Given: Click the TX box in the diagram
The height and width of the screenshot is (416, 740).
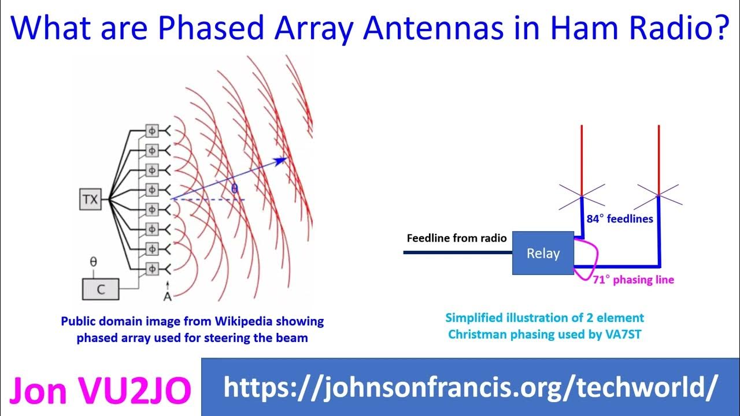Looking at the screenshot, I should tap(90, 200).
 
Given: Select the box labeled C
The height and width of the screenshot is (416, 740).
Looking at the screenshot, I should tap(101, 289).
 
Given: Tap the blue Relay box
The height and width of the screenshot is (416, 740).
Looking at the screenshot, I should tap(543, 253).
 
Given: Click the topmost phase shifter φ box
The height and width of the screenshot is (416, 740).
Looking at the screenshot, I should tap(151, 131).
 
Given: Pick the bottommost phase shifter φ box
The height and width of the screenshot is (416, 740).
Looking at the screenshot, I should tap(151, 269).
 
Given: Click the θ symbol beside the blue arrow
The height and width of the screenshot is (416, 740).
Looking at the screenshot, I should tap(234, 188).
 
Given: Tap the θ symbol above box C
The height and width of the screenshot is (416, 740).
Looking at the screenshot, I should tap(93, 262).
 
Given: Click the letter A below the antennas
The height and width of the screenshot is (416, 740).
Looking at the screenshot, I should tap(167, 296).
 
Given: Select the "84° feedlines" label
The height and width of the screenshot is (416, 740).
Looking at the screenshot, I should tap(619, 219).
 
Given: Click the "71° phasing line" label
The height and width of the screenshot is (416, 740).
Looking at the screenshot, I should tap(633, 280).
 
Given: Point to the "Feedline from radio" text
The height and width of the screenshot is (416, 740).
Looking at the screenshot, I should tap(457, 238).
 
